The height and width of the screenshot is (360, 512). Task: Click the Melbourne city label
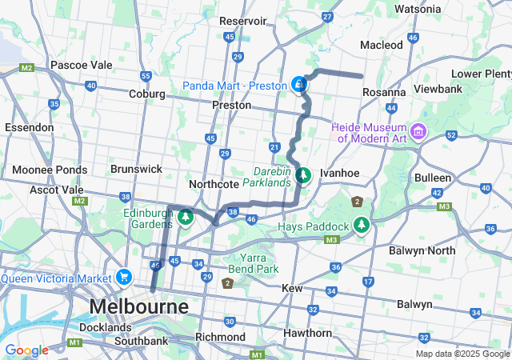(139, 306)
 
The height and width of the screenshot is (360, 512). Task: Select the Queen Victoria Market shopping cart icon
(123, 278)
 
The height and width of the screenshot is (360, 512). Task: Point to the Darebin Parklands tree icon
(302, 174)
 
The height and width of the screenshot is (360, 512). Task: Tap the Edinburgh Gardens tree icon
(186, 218)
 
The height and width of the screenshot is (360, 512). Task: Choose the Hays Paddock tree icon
(362, 226)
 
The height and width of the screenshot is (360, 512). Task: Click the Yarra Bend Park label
(253, 263)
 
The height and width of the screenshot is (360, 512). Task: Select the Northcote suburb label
(214, 184)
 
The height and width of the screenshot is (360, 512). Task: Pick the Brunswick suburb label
(136, 169)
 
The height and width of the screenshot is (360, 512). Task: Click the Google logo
(26, 350)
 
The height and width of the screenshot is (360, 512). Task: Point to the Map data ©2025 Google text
(462, 354)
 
